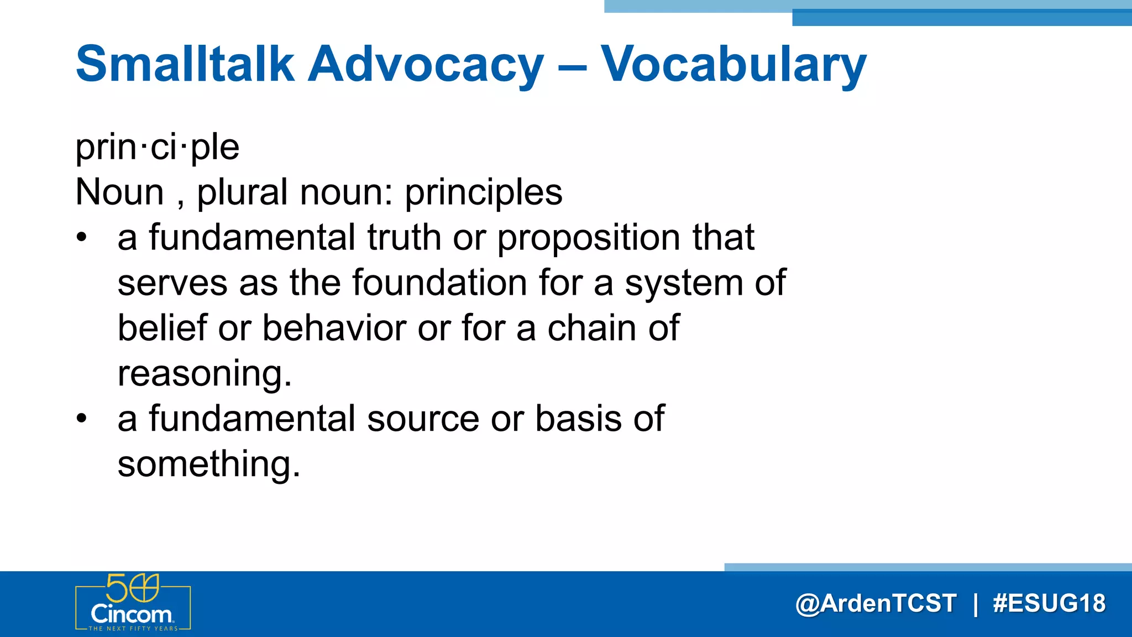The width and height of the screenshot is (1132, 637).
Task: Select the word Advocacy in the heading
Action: click(426, 65)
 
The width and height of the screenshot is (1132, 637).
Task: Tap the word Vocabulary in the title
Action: click(733, 65)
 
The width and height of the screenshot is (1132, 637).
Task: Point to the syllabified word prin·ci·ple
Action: click(157, 148)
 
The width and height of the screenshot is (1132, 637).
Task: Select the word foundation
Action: click(439, 283)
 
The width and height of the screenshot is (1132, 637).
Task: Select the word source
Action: click(423, 419)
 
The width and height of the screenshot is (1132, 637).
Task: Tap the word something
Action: click(209, 464)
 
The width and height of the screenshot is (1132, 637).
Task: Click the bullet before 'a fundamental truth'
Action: click(82, 238)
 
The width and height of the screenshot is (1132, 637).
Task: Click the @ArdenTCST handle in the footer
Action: click(876, 603)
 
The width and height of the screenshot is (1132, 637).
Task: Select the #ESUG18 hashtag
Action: click(1049, 603)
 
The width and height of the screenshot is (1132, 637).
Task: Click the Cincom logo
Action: click(133, 603)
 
